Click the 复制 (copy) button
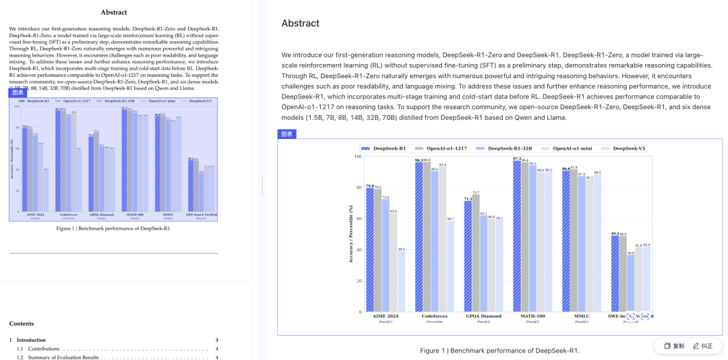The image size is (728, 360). pos(674,346)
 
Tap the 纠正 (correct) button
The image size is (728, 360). pos(702,346)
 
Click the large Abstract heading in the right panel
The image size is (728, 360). pos(301,24)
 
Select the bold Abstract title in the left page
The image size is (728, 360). pos(114,12)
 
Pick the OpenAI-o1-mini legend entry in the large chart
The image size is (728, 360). pos(570,148)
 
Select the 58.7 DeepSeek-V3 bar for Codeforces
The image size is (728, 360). pos(450,266)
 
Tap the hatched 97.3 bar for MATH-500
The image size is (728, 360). pos(517,236)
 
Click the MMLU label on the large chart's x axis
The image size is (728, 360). pos(581,316)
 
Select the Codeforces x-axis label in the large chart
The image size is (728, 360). pos(434,316)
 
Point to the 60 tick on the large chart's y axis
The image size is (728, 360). pos(359,218)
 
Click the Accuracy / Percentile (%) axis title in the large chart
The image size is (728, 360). pos(351,234)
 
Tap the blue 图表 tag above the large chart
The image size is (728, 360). pos(286,134)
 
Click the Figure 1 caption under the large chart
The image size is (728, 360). pos(499,351)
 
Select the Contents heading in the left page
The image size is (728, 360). pos(22,324)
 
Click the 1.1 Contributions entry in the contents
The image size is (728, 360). pos(44,349)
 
